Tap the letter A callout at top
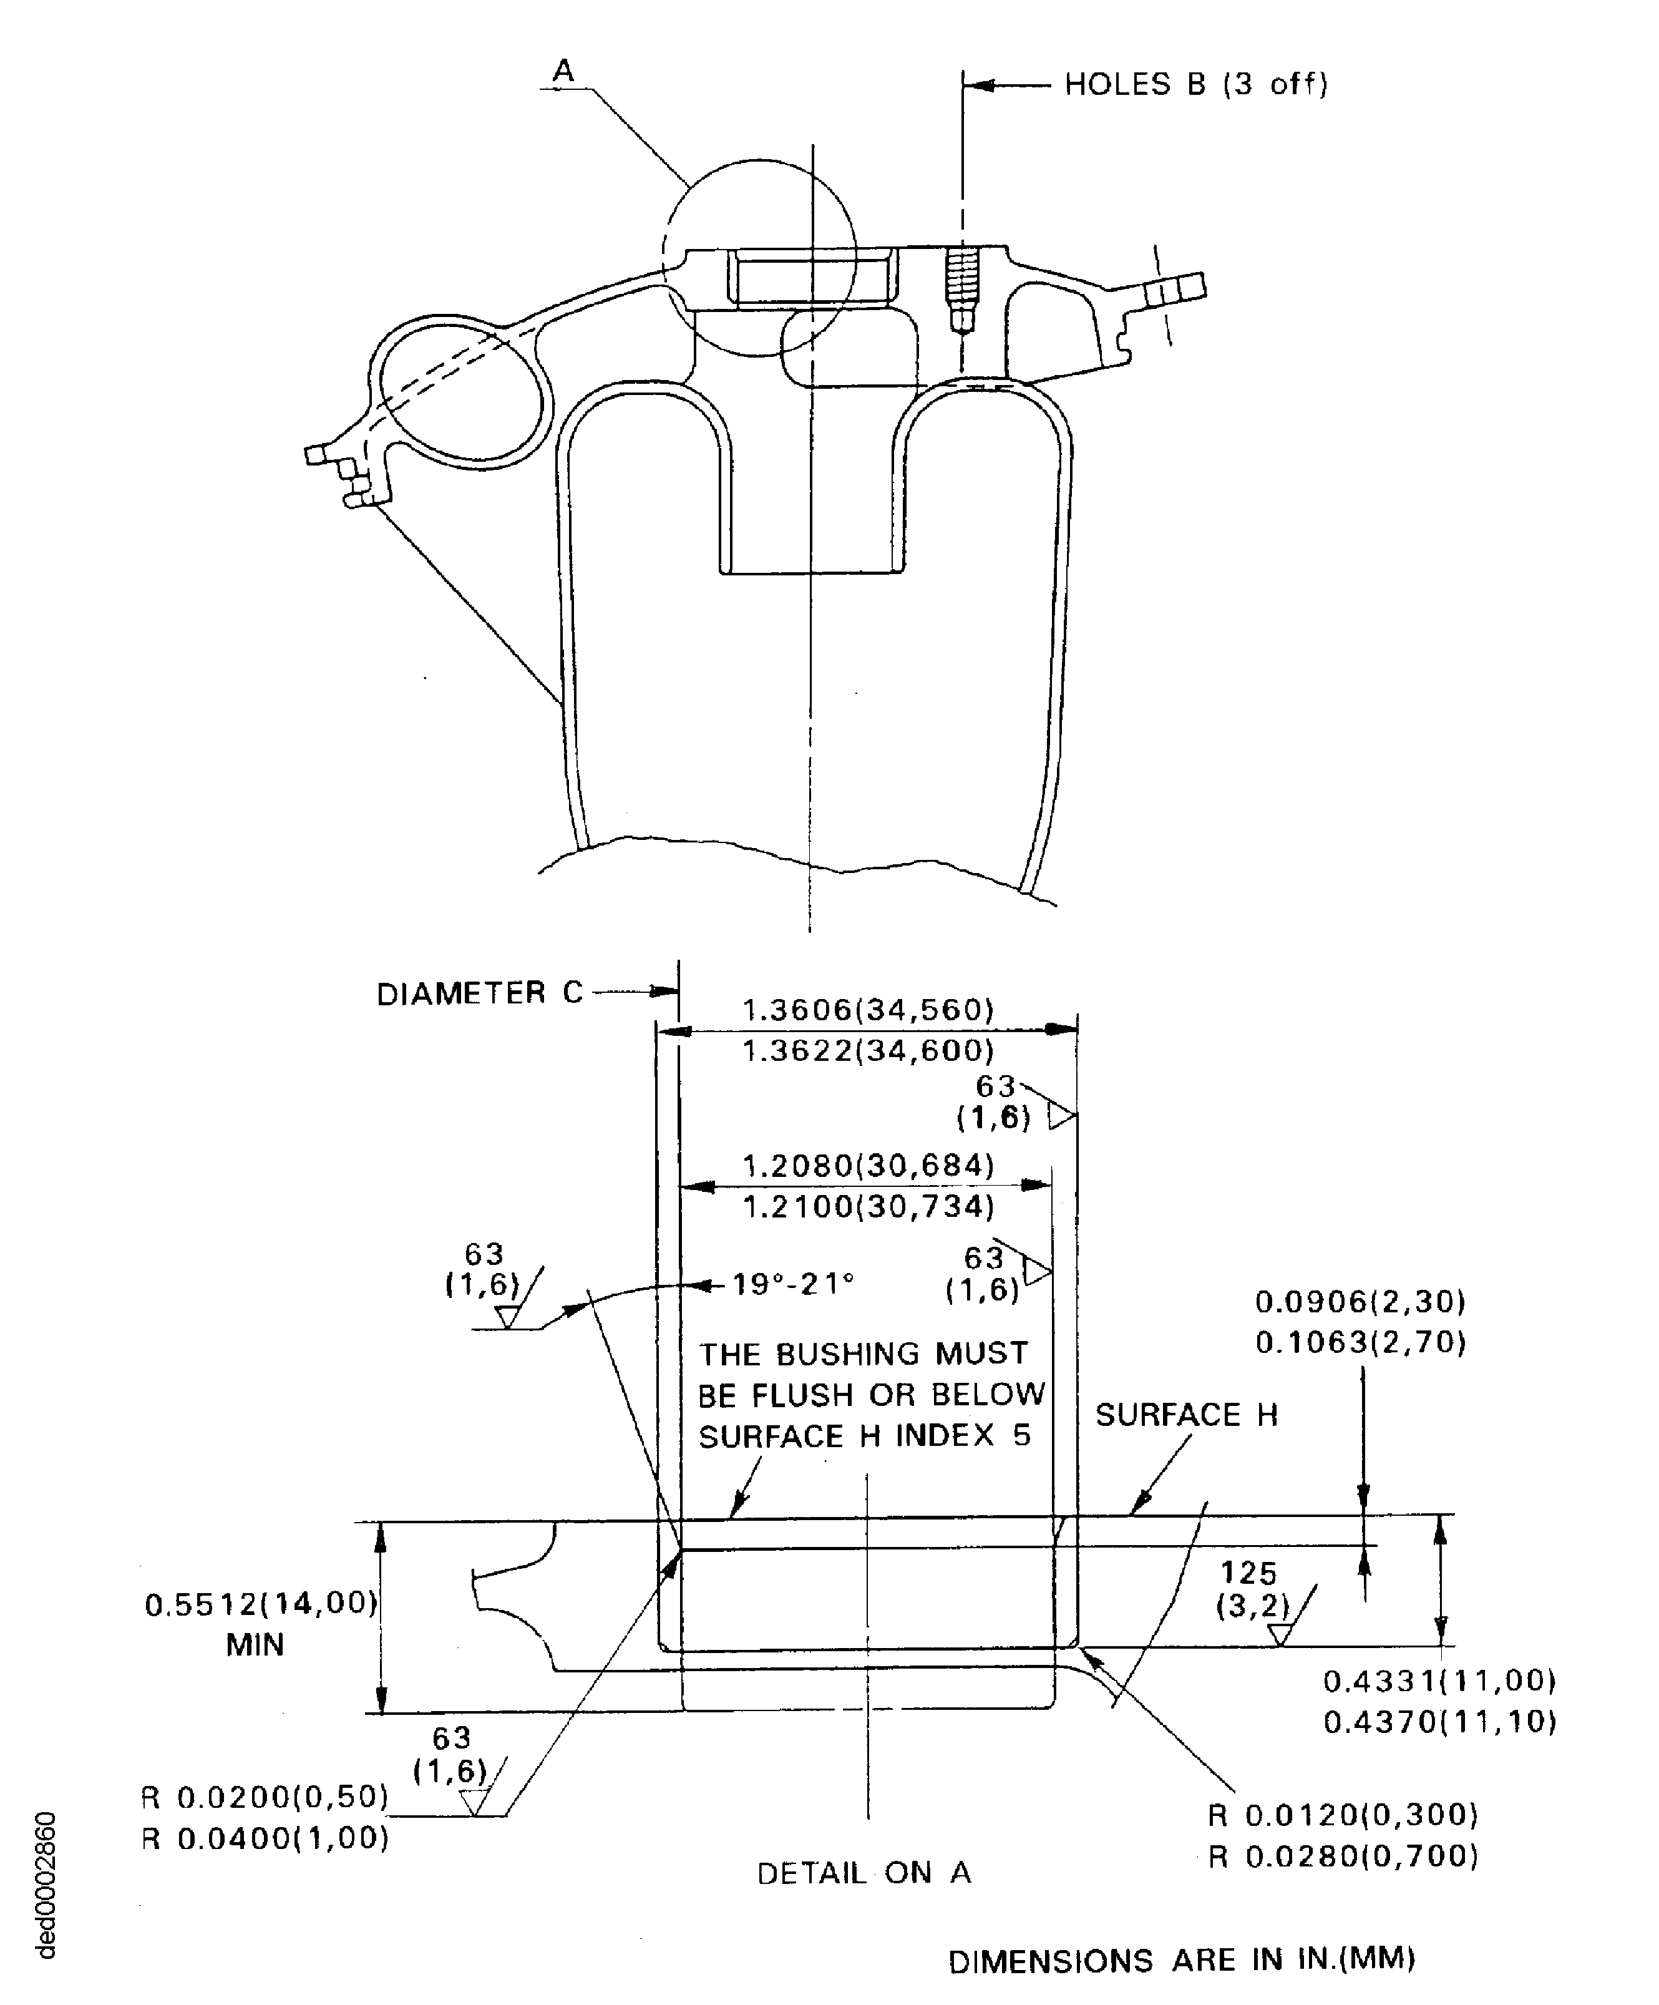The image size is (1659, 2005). point(564,71)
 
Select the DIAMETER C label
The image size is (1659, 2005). point(479,994)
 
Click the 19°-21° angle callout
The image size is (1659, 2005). point(792,1284)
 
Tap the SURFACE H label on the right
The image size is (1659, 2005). point(1185,1415)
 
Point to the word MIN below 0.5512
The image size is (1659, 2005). point(255,1645)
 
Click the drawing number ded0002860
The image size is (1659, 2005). point(45,1886)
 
